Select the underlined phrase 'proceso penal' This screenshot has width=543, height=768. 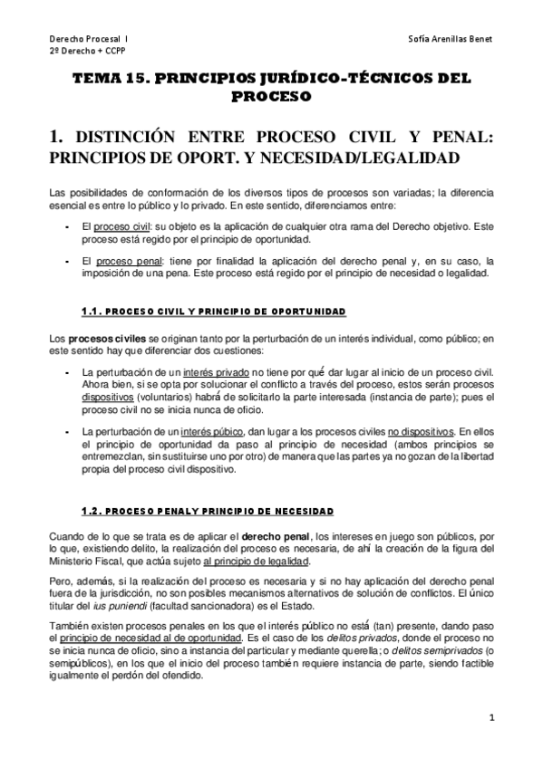tap(127, 260)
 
